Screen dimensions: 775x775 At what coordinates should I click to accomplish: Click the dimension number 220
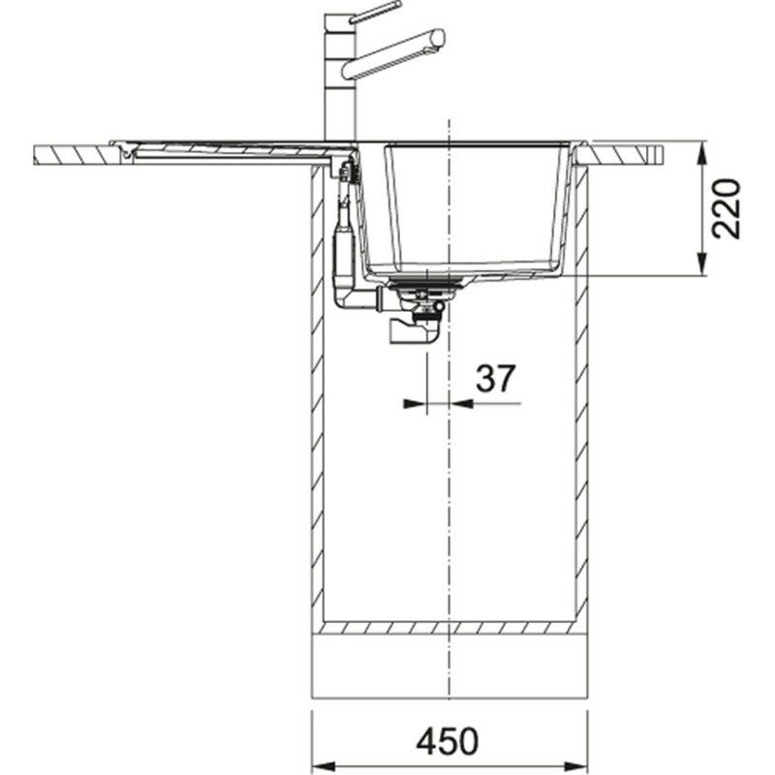tap(726, 208)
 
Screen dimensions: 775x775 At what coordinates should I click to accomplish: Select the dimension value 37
tap(495, 379)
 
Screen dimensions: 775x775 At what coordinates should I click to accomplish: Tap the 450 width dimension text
tap(448, 741)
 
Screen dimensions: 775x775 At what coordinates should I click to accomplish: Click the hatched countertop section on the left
tap(73, 154)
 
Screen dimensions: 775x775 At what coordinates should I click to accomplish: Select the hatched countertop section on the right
tap(625, 154)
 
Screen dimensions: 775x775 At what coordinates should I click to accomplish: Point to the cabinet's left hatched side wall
tap(316, 387)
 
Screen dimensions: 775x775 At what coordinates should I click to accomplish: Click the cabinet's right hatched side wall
tap(581, 387)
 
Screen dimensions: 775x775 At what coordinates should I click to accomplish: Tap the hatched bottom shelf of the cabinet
tap(449, 628)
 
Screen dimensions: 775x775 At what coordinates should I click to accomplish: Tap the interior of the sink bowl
tap(455, 203)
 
